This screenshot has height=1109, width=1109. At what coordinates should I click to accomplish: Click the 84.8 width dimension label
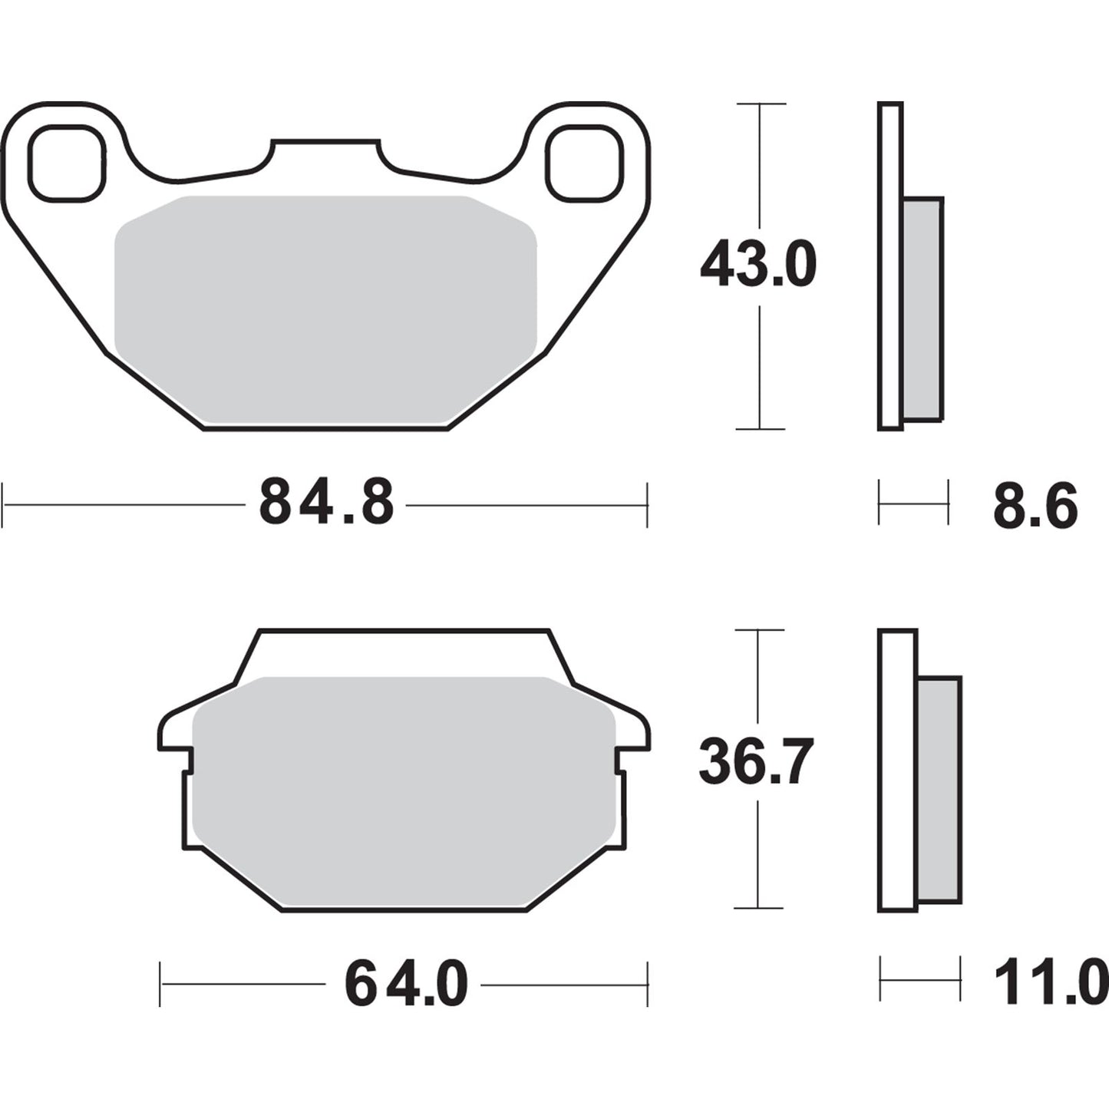coord(326,503)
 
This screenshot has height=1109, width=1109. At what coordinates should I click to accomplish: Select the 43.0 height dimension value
coord(758,265)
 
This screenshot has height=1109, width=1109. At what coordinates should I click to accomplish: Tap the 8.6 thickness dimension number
coord(1035,507)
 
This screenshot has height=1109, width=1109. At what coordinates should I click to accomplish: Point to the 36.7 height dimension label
coord(755,762)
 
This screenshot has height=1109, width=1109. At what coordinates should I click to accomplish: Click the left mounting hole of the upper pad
coord(66,163)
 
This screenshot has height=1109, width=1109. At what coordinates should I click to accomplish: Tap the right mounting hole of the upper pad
coord(585,163)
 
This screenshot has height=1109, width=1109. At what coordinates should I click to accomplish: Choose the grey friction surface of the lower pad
coord(404,790)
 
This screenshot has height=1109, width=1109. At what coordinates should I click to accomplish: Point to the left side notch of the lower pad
coord(186,760)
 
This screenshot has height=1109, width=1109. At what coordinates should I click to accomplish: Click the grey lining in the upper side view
coord(923,307)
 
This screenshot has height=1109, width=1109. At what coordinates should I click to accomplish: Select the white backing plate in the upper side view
coord(890,265)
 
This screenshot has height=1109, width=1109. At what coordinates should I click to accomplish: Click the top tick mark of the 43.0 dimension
coord(760,104)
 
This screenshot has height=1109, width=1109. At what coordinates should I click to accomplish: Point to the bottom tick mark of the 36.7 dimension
coord(758,908)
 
